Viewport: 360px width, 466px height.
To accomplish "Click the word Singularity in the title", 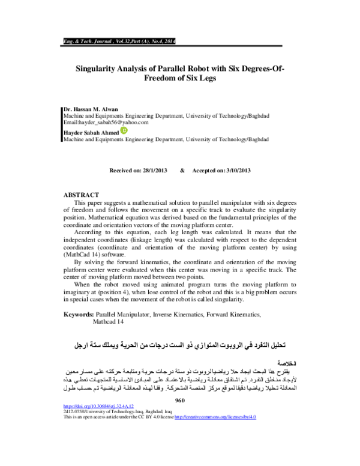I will (x=101, y=68).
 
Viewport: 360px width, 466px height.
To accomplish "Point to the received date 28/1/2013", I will (x=152, y=171).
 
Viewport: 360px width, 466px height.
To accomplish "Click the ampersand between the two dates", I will (x=182, y=171).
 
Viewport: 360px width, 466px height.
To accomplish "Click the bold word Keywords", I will (x=78, y=314).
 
